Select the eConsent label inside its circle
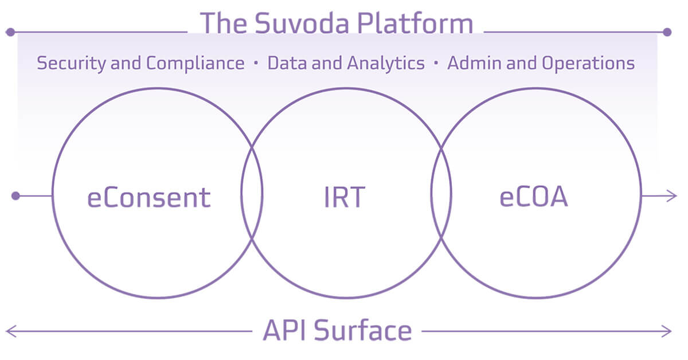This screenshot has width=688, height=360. [149, 197]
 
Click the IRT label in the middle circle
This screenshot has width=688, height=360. [343, 197]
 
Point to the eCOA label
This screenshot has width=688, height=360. [533, 197]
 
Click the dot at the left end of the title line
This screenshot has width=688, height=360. [10, 32]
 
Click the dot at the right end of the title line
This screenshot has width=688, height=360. [667, 32]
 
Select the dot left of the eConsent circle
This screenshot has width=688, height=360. [16, 196]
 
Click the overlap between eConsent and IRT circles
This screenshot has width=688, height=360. [252, 193]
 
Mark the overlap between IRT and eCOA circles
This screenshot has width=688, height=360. [441, 193]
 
